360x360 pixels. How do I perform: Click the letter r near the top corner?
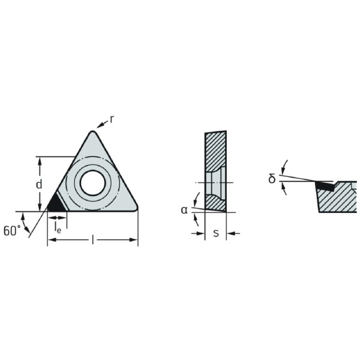pyautogui.click(x=112, y=119)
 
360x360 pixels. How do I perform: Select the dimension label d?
pyautogui.click(x=39, y=184)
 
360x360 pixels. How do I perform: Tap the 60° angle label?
pyautogui.click(x=12, y=230)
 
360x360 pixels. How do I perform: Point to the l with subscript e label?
pyautogui.click(x=58, y=227)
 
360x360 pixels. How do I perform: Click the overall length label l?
pyautogui.click(x=93, y=239)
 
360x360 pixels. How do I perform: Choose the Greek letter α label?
pyautogui.click(x=184, y=210)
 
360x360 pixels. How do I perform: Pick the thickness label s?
pyautogui.click(x=216, y=233)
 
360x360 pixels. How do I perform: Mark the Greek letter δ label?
pyautogui.click(x=272, y=178)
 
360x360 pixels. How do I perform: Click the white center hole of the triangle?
pyautogui.click(x=93, y=183)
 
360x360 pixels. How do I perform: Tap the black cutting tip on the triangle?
pyautogui.click(x=55, y=204)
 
